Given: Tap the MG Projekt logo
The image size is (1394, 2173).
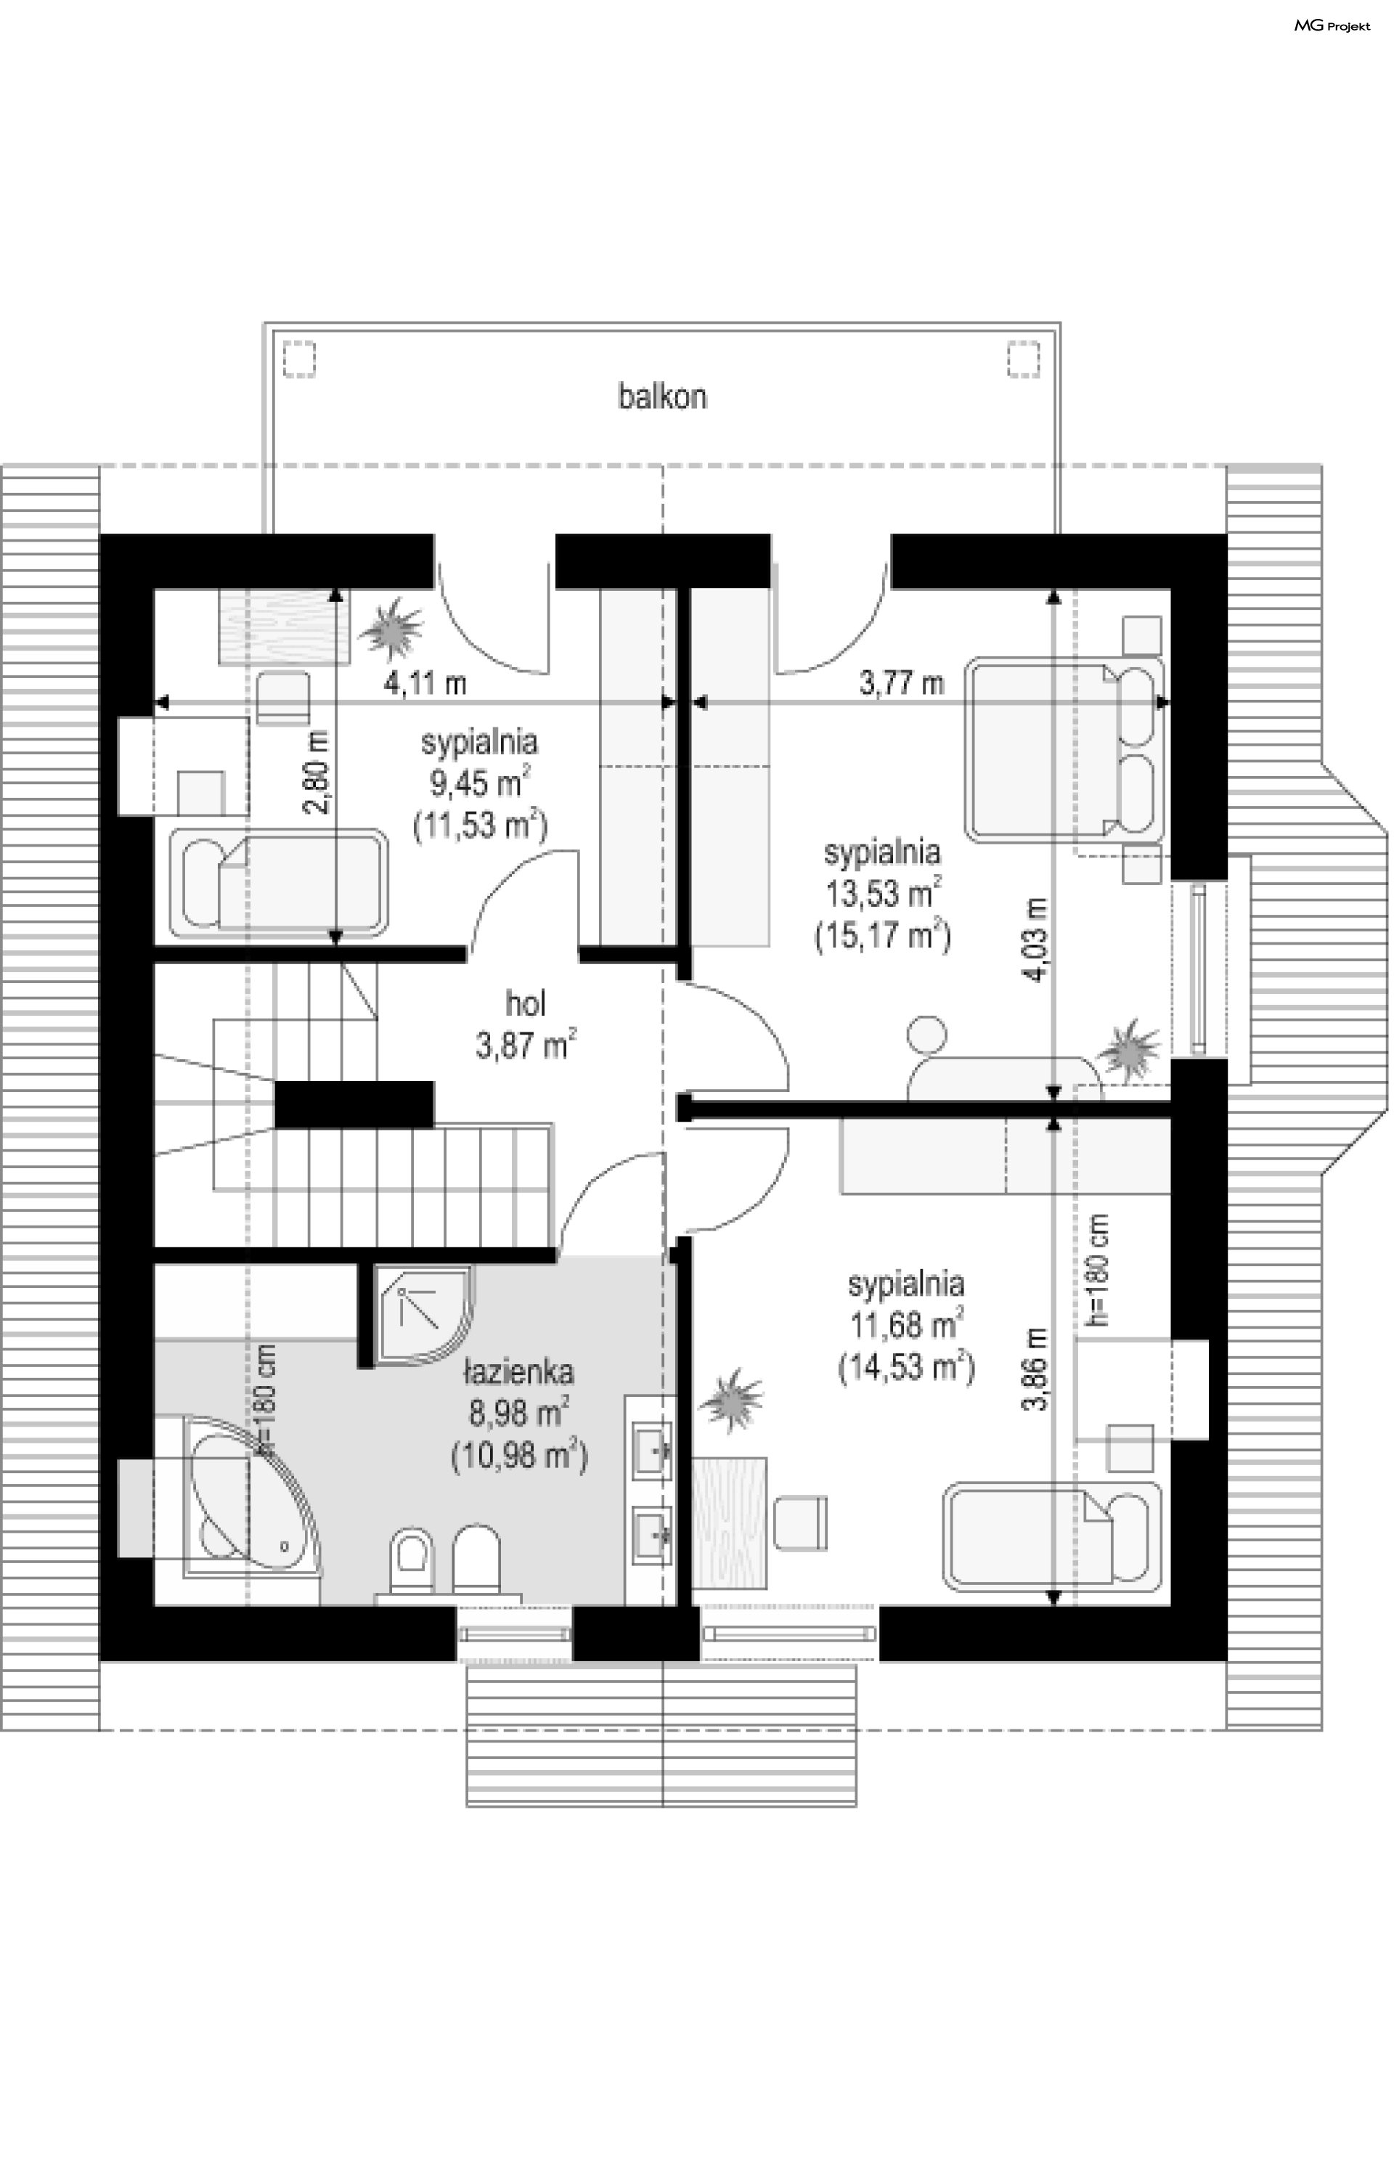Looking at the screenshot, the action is tap(1332, 26).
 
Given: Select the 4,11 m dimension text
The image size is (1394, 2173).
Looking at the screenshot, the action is tap(425, 683).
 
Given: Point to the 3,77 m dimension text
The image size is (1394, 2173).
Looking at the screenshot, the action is tap(901, 682).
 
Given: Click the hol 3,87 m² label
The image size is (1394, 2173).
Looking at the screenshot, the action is tap(526, 1024).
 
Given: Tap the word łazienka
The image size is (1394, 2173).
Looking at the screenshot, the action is tap(518, 1371).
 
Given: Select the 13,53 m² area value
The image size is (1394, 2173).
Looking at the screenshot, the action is tap(881, 893).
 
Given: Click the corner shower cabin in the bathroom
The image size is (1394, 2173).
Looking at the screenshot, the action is tap(422, 1317).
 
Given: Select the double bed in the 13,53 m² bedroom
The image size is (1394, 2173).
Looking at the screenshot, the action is tap(1064, 750).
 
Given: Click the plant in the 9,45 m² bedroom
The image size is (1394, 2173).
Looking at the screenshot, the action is tap(392, 627).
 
